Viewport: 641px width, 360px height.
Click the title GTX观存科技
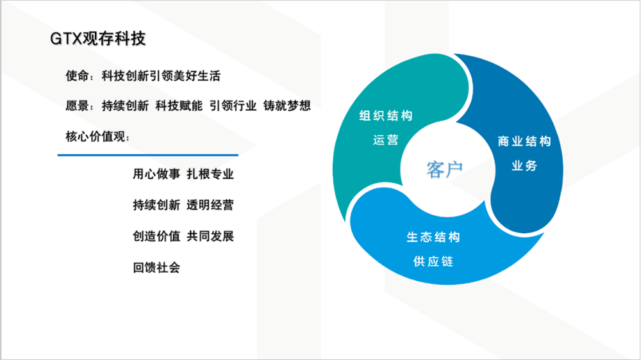(97, 39)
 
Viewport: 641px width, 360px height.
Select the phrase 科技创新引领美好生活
(161, 76)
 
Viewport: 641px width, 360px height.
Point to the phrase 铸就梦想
(287, 106)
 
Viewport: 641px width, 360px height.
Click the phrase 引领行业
(233, 106)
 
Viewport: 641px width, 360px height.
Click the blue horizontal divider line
(148, 155)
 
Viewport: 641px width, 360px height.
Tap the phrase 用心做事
(156, 174)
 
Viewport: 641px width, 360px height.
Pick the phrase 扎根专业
(210, 174)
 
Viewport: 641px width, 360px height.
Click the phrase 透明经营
(210, 205)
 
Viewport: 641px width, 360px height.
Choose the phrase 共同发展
(210, 236)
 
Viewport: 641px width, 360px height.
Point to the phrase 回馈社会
(156, 268)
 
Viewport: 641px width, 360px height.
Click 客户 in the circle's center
(445, 170)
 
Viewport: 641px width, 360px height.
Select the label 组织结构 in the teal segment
(386, 116)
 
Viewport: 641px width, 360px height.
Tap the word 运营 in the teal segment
(386, 140)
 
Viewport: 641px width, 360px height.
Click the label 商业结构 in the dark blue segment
(524, 142)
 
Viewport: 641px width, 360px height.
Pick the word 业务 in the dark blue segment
(524, 166)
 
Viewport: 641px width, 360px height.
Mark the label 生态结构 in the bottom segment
(433, 237)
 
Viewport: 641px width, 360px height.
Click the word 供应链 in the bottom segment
(433, 261)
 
